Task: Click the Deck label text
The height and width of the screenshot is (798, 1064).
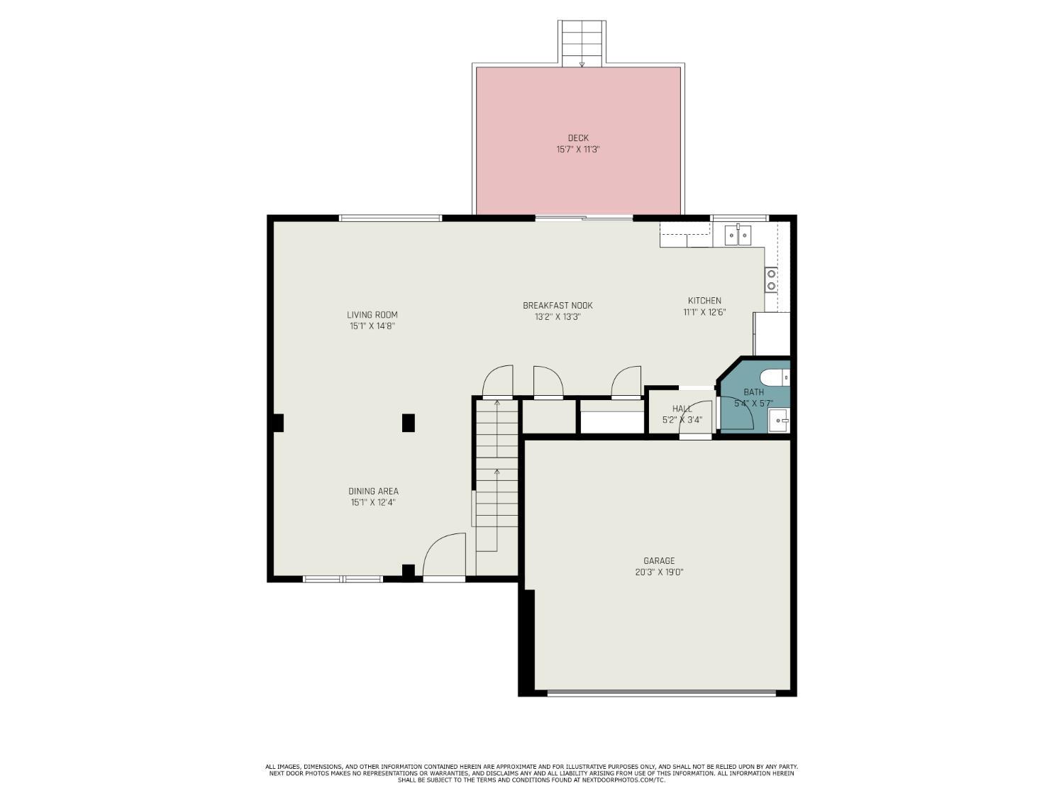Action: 577,138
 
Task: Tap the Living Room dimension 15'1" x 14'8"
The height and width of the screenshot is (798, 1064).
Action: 372,326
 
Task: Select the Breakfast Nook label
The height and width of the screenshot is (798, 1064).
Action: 558,305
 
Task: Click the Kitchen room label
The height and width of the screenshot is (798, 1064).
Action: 704,300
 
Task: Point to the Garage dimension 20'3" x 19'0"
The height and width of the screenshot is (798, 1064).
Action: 659,572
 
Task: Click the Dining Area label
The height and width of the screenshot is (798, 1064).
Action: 373,491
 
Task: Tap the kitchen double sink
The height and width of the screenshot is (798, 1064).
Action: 738,235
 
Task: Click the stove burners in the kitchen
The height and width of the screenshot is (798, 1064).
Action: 771,279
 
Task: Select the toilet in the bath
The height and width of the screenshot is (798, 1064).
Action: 774,377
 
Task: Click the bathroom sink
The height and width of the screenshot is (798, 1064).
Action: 778,421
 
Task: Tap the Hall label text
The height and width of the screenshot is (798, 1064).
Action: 682,409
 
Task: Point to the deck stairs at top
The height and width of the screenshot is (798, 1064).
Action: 582,43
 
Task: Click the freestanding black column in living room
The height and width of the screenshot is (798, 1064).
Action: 409,423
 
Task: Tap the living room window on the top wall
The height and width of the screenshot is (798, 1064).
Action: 390,218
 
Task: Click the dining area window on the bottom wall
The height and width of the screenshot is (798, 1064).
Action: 343,580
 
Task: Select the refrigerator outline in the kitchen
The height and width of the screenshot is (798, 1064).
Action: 772,333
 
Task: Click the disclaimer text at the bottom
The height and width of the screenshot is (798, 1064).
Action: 531,773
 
